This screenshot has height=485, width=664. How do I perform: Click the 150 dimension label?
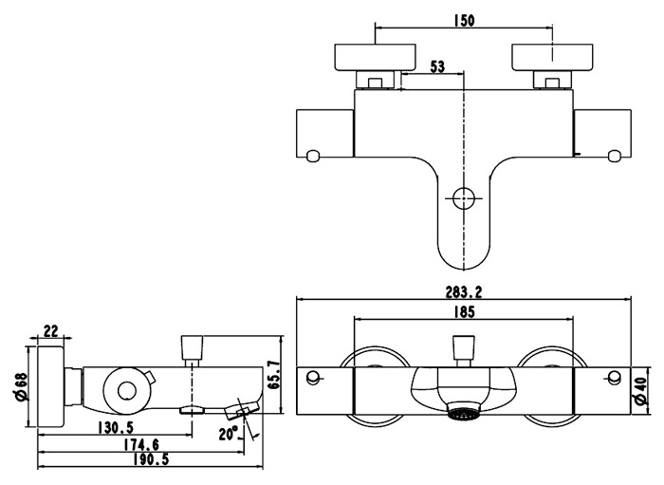tap(464, 20)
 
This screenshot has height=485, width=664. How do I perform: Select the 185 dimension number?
tap(464, 310)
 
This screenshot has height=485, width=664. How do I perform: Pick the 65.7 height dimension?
tap(274, 376)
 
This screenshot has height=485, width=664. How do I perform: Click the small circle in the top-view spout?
tap(464, 199)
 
